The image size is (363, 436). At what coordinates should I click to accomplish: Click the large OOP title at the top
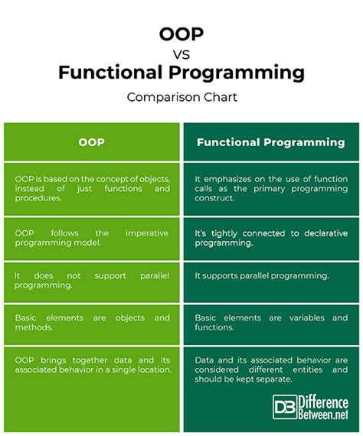[x=181, y=35]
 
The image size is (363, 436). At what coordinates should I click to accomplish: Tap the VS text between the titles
[x=181, y=54]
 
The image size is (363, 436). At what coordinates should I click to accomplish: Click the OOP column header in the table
[x=92, y=142]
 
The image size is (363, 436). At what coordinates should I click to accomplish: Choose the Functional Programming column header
[x=270, y=142]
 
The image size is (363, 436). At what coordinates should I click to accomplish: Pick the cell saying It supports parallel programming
[x=260, y=275]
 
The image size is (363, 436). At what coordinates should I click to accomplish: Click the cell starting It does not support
[x=92, y=281]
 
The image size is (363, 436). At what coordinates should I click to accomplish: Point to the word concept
[x=112, y=177]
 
